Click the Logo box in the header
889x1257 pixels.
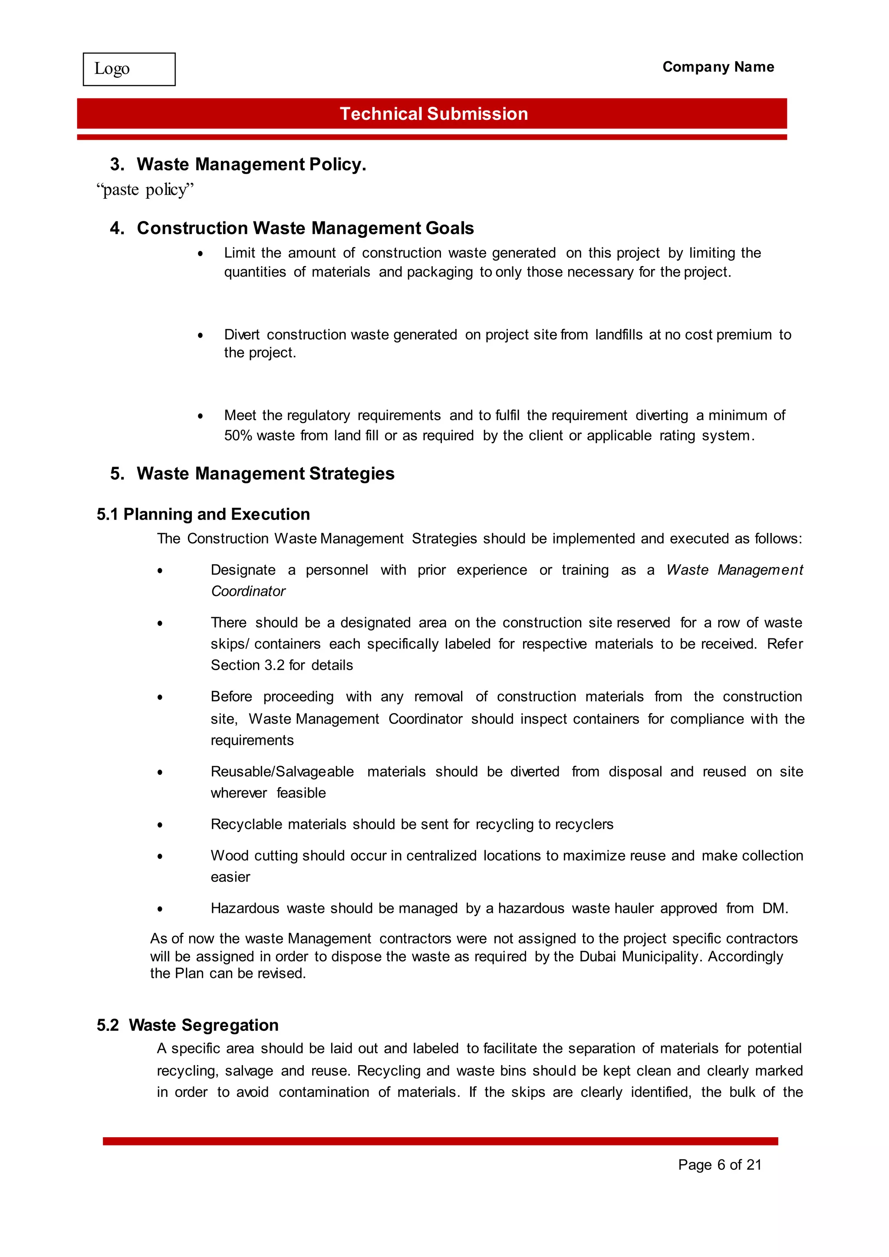click(129, 69)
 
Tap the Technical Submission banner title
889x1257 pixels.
click(434, 114)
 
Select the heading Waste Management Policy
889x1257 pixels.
click(251, 164)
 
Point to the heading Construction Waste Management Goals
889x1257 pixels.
click(305, 228)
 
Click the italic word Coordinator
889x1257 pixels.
click(248, 591)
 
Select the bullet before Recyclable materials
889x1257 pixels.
click(160, 825)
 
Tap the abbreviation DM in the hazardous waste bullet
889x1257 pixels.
click(774, 909)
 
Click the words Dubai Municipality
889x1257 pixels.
click(639, 957)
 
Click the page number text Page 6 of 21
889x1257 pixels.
click(719, 1165)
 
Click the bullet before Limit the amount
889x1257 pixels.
click(201, 254)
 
